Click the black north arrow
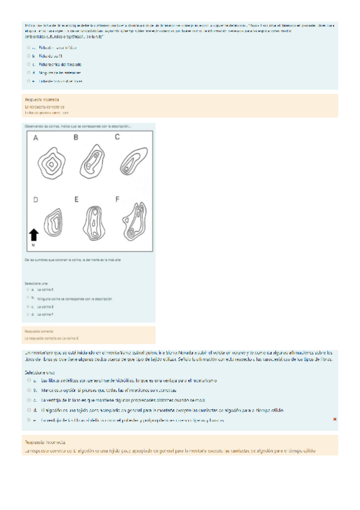coord(34,235)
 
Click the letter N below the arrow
coord(33,245)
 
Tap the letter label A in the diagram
coord(35,138)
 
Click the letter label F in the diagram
coord(117,198)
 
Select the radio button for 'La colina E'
coord(28,289)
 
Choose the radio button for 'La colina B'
coord(28,306)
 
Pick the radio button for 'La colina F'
coord(28,314)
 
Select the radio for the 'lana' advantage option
coord(28,400)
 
